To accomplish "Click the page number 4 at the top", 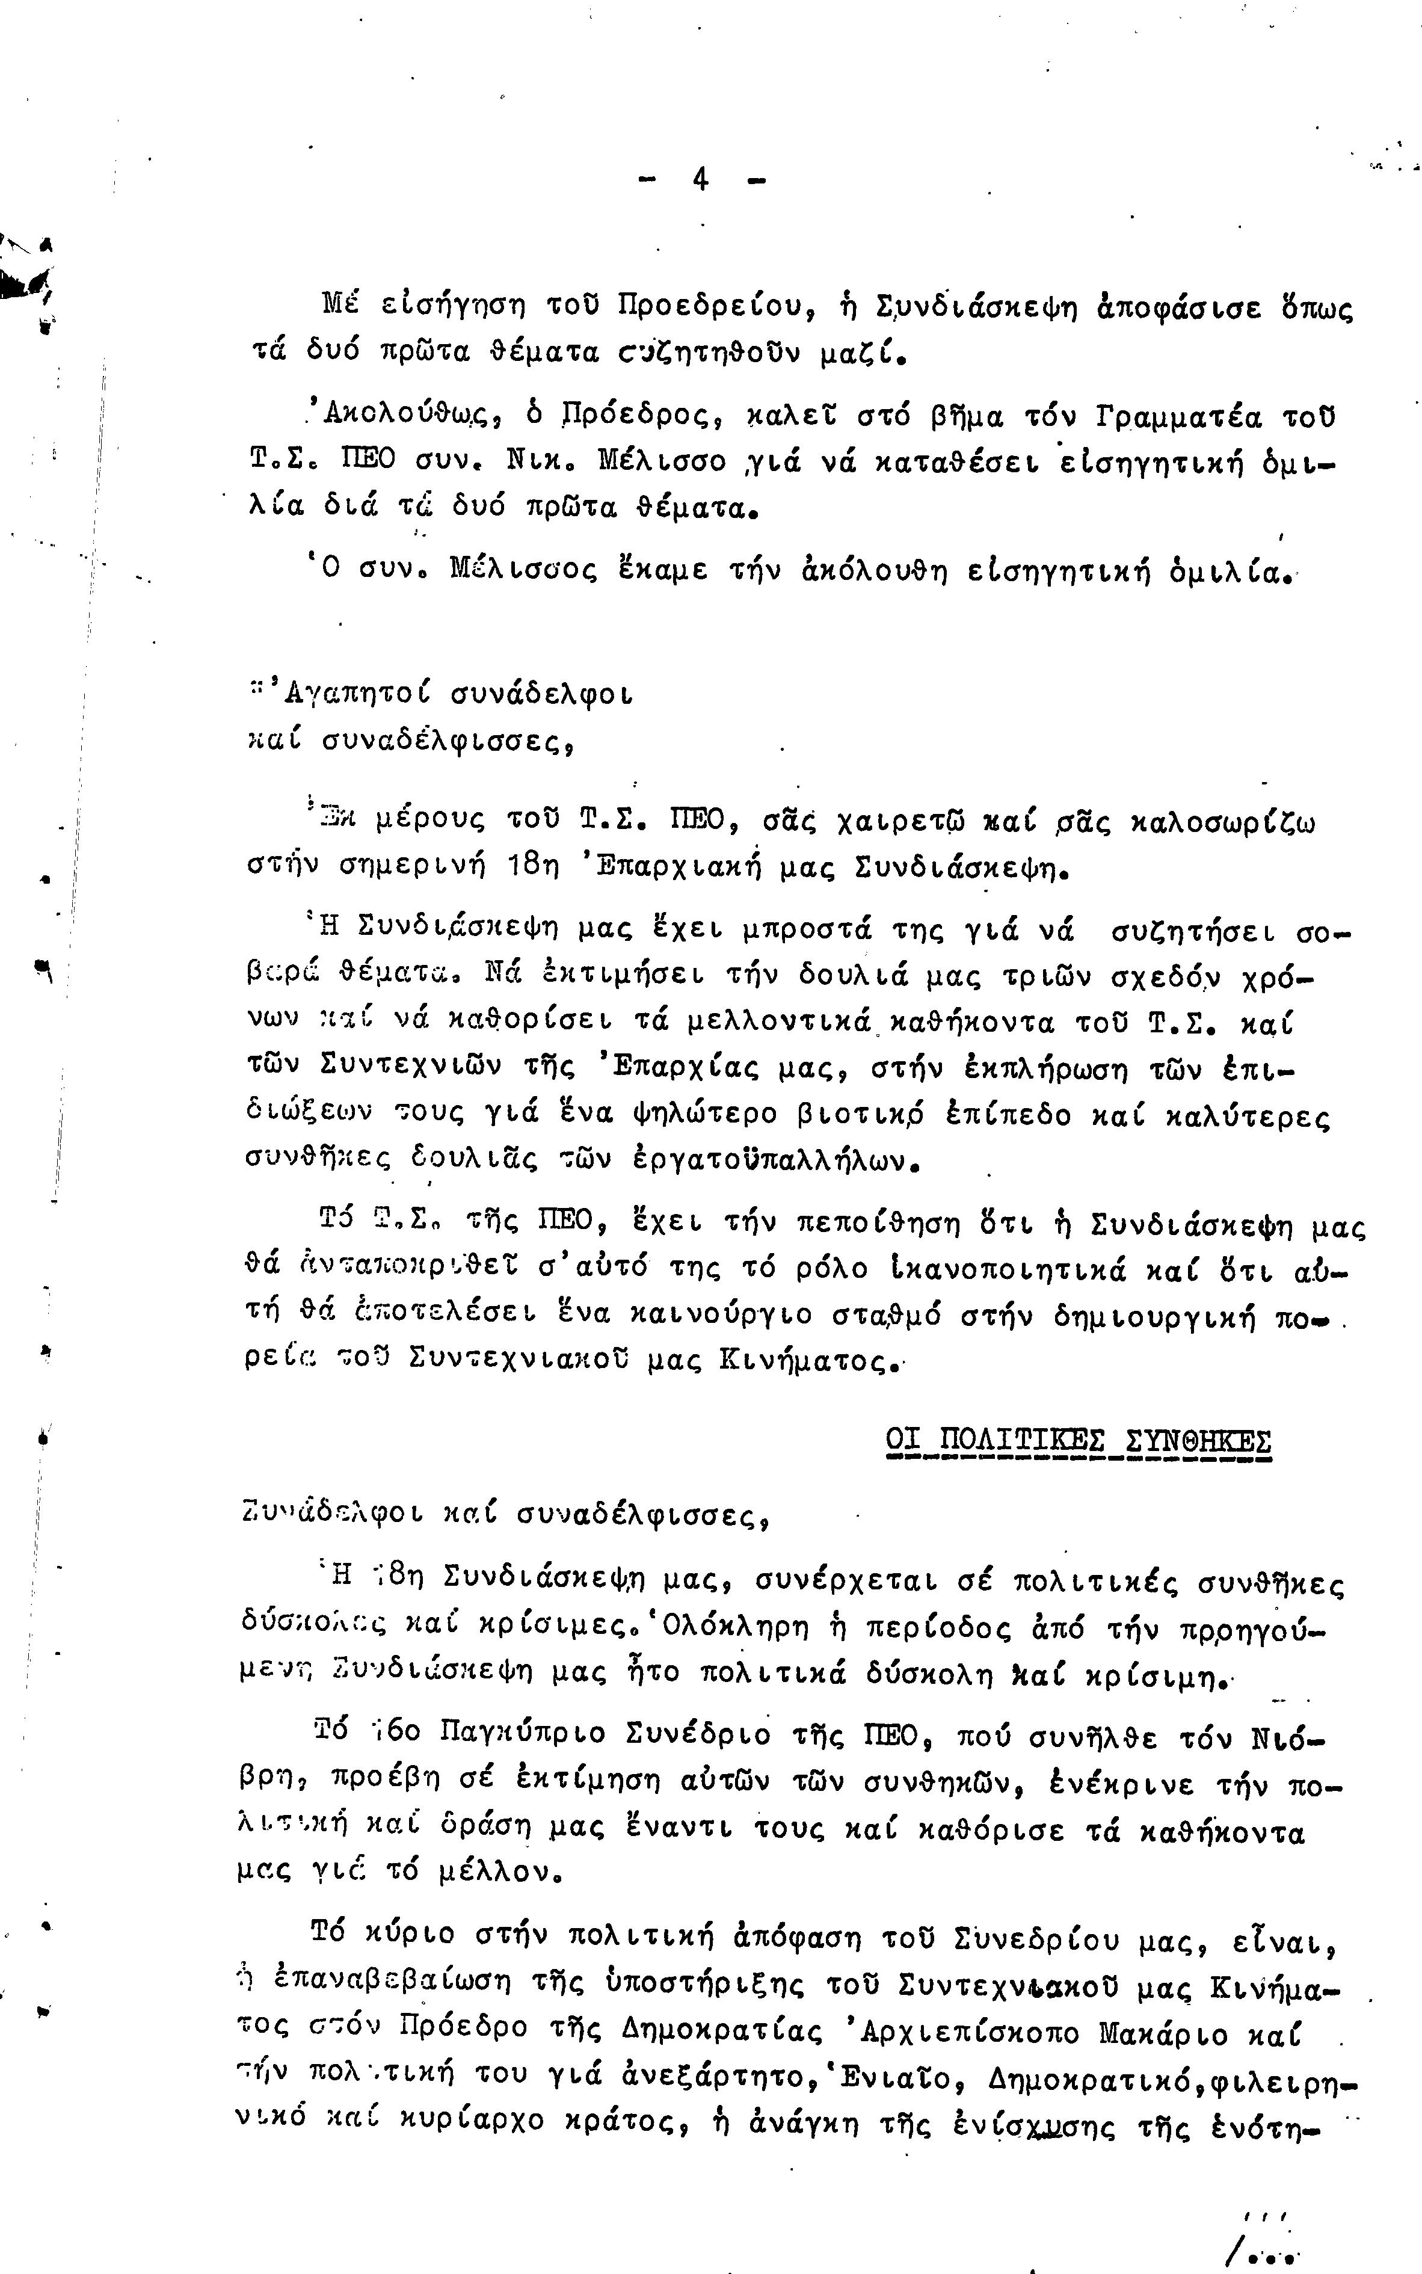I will (x=701, y=179).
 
